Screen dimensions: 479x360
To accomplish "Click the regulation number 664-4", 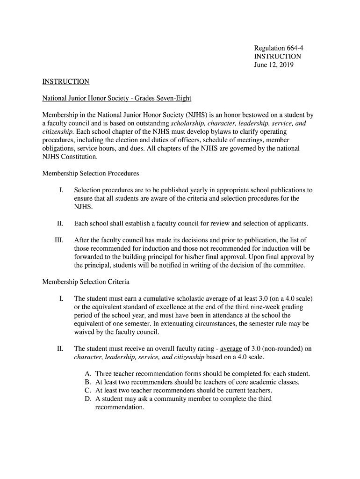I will [294, 48].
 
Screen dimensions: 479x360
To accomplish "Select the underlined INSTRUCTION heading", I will [65, 82].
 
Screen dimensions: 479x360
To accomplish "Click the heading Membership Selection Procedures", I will [91, 174].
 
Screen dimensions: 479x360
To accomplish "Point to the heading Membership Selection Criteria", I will [86, 282].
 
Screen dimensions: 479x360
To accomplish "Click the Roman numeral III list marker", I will [58, 240].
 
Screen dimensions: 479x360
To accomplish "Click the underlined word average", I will [231, 349].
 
